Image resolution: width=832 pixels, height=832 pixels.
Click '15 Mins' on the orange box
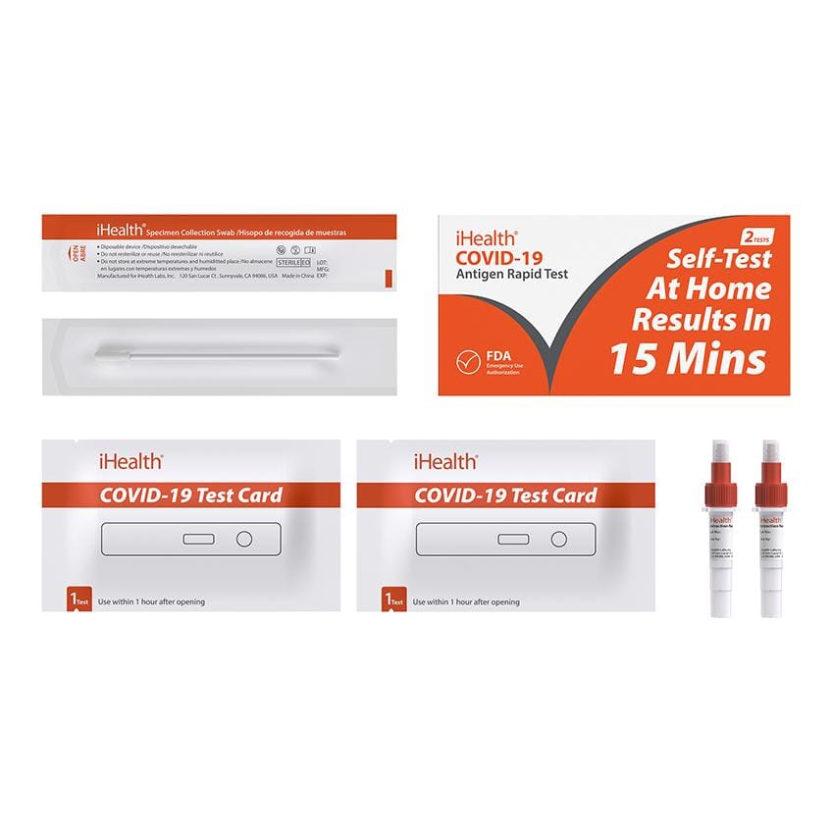point(687,359)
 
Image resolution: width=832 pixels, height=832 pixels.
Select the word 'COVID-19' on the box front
point(496,257)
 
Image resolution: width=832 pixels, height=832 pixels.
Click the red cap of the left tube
point(720,491)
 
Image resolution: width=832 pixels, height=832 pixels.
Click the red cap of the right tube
point(769,491)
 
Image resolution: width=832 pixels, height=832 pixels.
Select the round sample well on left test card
point(244,538)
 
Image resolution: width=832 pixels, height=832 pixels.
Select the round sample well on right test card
point(558,538)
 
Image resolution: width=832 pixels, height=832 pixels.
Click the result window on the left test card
point(198,539)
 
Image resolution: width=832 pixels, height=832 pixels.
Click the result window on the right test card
point(512,539)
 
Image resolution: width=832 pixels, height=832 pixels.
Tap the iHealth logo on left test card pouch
point(130,460)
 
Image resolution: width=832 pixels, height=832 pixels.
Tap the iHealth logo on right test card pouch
point(444,460)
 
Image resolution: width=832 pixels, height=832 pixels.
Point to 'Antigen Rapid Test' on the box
point(511,274)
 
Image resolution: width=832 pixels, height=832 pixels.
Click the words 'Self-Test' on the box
point(719,259)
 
